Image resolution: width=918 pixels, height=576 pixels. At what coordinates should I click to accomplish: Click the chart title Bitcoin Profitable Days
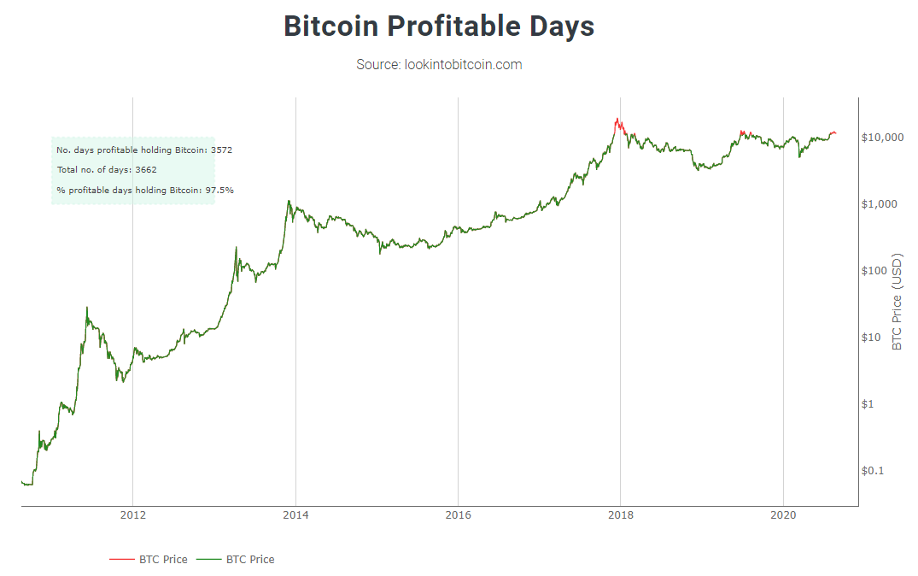click(x=439, y=26)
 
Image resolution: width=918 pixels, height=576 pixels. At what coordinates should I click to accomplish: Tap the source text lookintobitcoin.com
click(x=439, y=64)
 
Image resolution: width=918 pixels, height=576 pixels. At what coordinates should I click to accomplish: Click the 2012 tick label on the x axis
click(x=132, y=515)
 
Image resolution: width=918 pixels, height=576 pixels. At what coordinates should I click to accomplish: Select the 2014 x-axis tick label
click(x=295, y=515)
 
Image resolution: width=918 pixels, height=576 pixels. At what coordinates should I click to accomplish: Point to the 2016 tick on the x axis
click(x=458, y=515)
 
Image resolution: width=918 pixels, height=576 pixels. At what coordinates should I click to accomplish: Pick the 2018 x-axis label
click(x=621, y=515)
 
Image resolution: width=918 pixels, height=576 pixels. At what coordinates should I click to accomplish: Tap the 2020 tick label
click(x=783, y=515)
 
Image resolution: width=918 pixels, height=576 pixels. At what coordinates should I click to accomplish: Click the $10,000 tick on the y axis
click(x=883, y=138)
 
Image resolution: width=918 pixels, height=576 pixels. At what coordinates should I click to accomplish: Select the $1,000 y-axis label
click(x=880, y=204)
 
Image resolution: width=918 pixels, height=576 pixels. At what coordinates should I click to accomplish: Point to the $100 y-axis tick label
click(x=877, y=271)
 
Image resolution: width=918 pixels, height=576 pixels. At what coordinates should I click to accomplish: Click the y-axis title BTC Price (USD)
click(x=897, y=301)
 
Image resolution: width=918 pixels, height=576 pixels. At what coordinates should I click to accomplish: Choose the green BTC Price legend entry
click(x=236, y=560)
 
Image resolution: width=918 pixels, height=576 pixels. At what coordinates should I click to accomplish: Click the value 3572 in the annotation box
click(x=221, y=150)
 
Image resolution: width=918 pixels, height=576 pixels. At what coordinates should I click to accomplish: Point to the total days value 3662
click(x=146, y=170)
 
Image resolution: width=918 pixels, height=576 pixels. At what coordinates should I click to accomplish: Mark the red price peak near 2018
click(x=616, y=120)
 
